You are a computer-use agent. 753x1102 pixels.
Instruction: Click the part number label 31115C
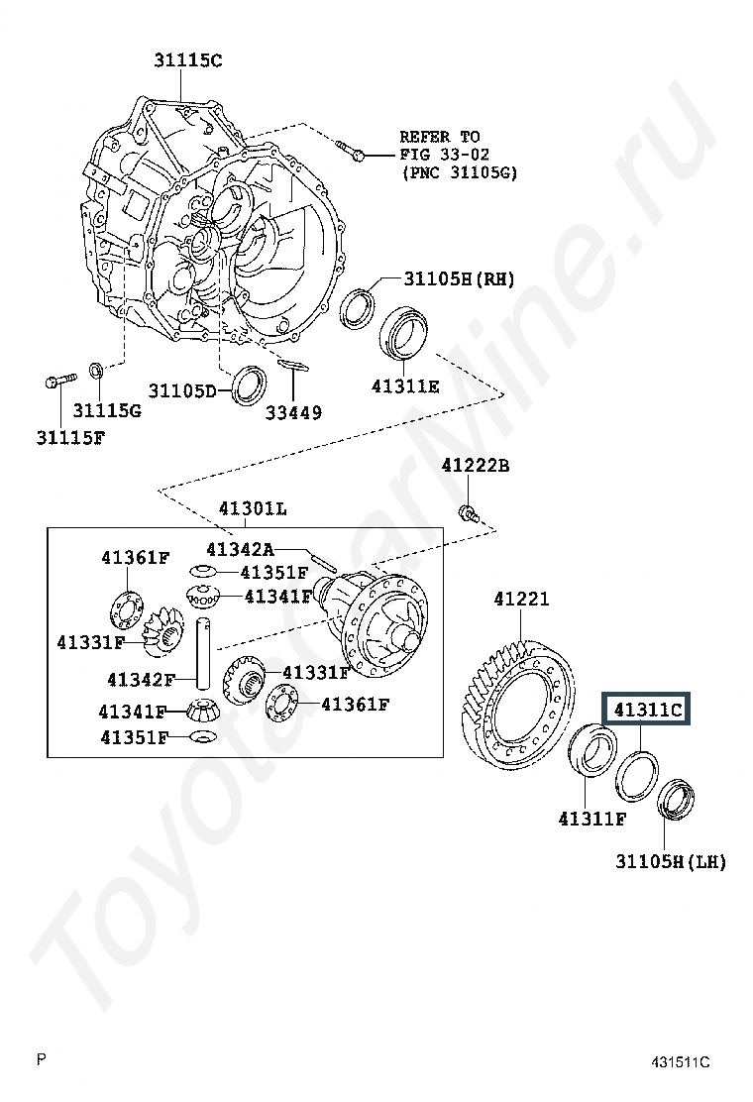tap(187, 60)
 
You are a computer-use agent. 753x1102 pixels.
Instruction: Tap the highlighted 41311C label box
tap(647, 710)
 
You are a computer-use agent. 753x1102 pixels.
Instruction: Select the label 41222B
tap(476, 465)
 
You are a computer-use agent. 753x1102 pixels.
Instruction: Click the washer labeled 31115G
tap(96, 370)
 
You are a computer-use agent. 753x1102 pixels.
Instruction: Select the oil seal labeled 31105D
tap(249, 386)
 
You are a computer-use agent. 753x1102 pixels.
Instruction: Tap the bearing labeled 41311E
tap(404, 331)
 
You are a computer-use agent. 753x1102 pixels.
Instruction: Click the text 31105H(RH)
tap(459, 279)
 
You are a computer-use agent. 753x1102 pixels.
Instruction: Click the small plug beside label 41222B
tap(468, 513)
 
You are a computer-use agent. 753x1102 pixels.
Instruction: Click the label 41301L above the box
tap(253, 508)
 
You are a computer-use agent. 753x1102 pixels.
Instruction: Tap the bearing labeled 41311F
tap(592, 750)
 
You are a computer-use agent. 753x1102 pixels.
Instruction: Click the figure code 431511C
tap(680, 1062)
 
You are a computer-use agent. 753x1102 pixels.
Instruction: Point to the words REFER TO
tap(440, 137)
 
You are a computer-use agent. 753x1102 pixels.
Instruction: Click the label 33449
tap(293, 412)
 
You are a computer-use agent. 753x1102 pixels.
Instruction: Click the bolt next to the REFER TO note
tap(350, 151)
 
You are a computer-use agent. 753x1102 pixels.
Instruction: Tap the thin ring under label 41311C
tap(637, 776)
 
